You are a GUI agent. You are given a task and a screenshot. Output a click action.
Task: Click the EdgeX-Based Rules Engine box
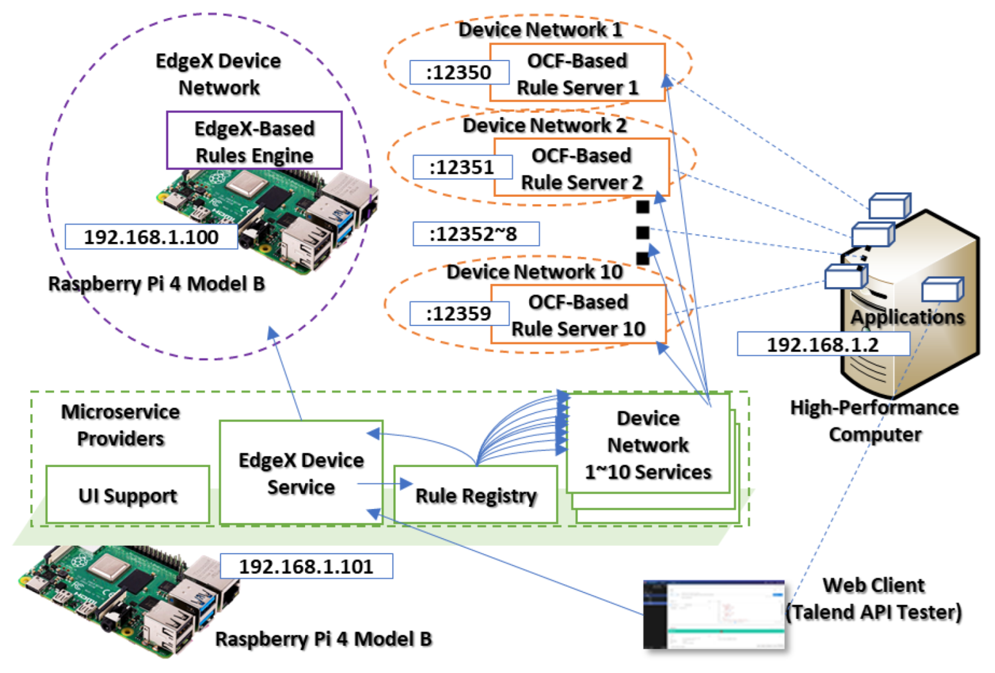point(254,141)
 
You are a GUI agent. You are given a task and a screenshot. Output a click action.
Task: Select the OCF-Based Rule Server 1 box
point(577,73)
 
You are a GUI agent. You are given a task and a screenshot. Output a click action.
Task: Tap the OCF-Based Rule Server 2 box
point(581,168)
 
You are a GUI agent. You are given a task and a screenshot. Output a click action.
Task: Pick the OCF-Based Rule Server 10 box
point(578,315)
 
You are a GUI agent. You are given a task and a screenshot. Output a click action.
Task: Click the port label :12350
point(459,73)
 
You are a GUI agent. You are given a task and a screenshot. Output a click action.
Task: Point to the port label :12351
point(462,167)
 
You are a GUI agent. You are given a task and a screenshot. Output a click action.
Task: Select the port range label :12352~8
point(475,234)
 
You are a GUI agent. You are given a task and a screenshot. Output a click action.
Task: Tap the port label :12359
point(459,314)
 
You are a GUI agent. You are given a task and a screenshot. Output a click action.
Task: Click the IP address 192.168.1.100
point(151,237)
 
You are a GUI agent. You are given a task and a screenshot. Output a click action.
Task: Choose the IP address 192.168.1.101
point(306,567)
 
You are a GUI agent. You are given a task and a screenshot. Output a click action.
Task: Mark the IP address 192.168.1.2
point(823,345)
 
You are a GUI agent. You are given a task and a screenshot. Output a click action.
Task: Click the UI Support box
point(127,495)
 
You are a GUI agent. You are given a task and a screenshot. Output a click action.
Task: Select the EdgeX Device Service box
point(301,474)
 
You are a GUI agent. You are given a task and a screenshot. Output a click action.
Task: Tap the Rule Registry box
point(476,495)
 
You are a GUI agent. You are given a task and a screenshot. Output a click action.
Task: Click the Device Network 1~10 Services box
point(648,445)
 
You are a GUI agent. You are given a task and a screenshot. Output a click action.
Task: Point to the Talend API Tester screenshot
point(714,614)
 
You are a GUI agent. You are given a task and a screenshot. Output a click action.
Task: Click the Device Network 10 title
point(535,272)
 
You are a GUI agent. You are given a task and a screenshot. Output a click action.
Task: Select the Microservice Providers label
point(120,425)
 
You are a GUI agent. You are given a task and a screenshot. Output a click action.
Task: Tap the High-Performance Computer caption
point(875,421)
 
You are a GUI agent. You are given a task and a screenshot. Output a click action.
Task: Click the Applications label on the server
point(907,317)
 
